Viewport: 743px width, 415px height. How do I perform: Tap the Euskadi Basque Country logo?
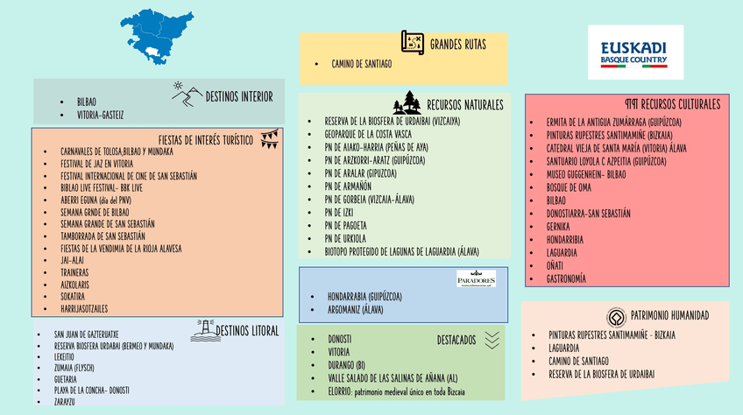(634, 53)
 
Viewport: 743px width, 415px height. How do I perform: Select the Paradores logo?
(476, 279)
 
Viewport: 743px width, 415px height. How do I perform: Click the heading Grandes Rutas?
(457, 44)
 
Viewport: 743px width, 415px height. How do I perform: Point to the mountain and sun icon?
(186, 95)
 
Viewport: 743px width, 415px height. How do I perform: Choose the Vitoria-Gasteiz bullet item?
(100, 115)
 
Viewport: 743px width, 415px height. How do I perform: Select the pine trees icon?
(407, 102)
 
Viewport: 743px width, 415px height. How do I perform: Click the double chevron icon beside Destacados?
(491, 339)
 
